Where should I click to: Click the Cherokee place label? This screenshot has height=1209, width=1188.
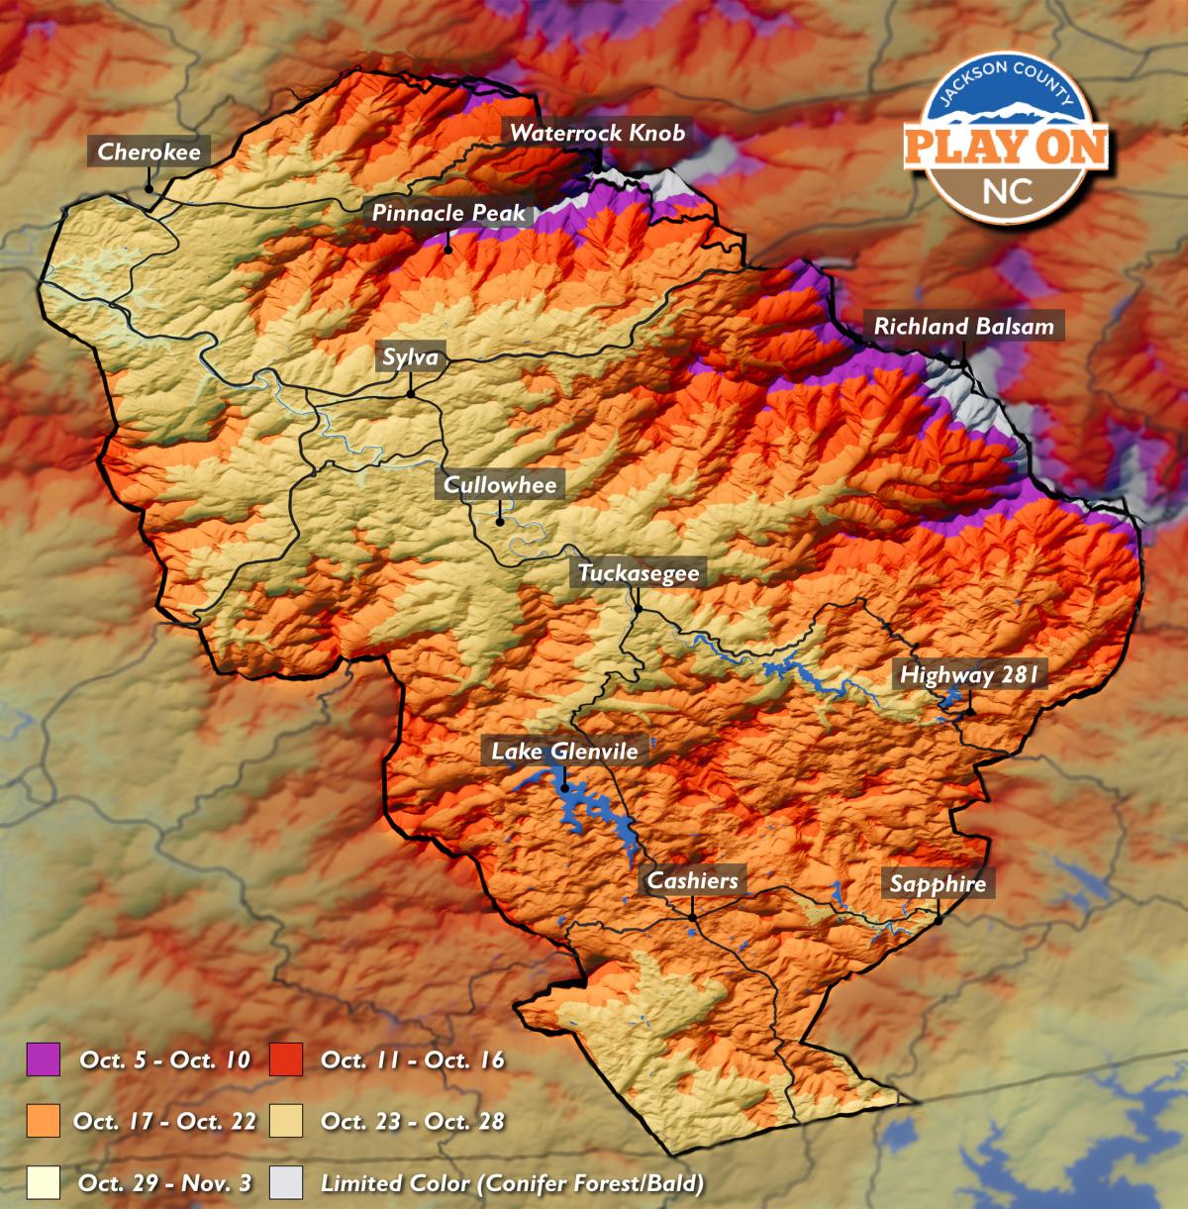tap(148, 151)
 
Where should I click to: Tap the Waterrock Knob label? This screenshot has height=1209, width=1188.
tap(597, 133)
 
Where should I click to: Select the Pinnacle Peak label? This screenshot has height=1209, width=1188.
tap(448, 213)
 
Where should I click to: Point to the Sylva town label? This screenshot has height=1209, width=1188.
tap(410, 357)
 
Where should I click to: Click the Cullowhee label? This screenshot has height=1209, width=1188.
tap(501, 484)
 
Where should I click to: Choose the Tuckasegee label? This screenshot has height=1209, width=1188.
tap(639, 573)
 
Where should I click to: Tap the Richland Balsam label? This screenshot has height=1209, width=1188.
tap(963, 326)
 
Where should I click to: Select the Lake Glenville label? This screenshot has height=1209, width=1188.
tap(564, 752)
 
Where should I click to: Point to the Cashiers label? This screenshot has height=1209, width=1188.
tap(692, 880)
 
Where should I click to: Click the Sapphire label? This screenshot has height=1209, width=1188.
tap(938, 883)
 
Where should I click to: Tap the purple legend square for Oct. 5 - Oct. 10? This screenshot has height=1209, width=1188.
tap(44, 1059)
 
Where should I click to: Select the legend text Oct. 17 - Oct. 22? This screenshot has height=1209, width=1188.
tap(164, 1121)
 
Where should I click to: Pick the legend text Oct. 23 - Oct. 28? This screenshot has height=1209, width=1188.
tap(413, 1121)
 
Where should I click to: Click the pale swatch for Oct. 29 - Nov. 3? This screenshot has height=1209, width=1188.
tap(44, 1182)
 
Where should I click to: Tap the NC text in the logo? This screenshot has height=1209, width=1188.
tap(1007, 190)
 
